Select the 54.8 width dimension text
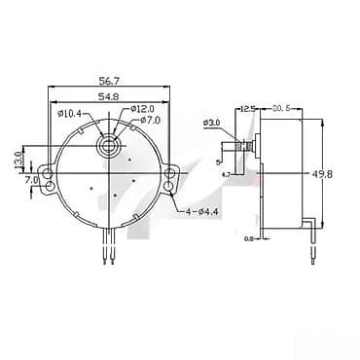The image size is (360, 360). [x=109, y=98]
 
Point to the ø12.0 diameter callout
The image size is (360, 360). [x=142, y=109]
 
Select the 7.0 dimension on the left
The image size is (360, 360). [x=32, y=180]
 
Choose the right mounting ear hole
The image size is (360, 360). [x=172, y=179]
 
